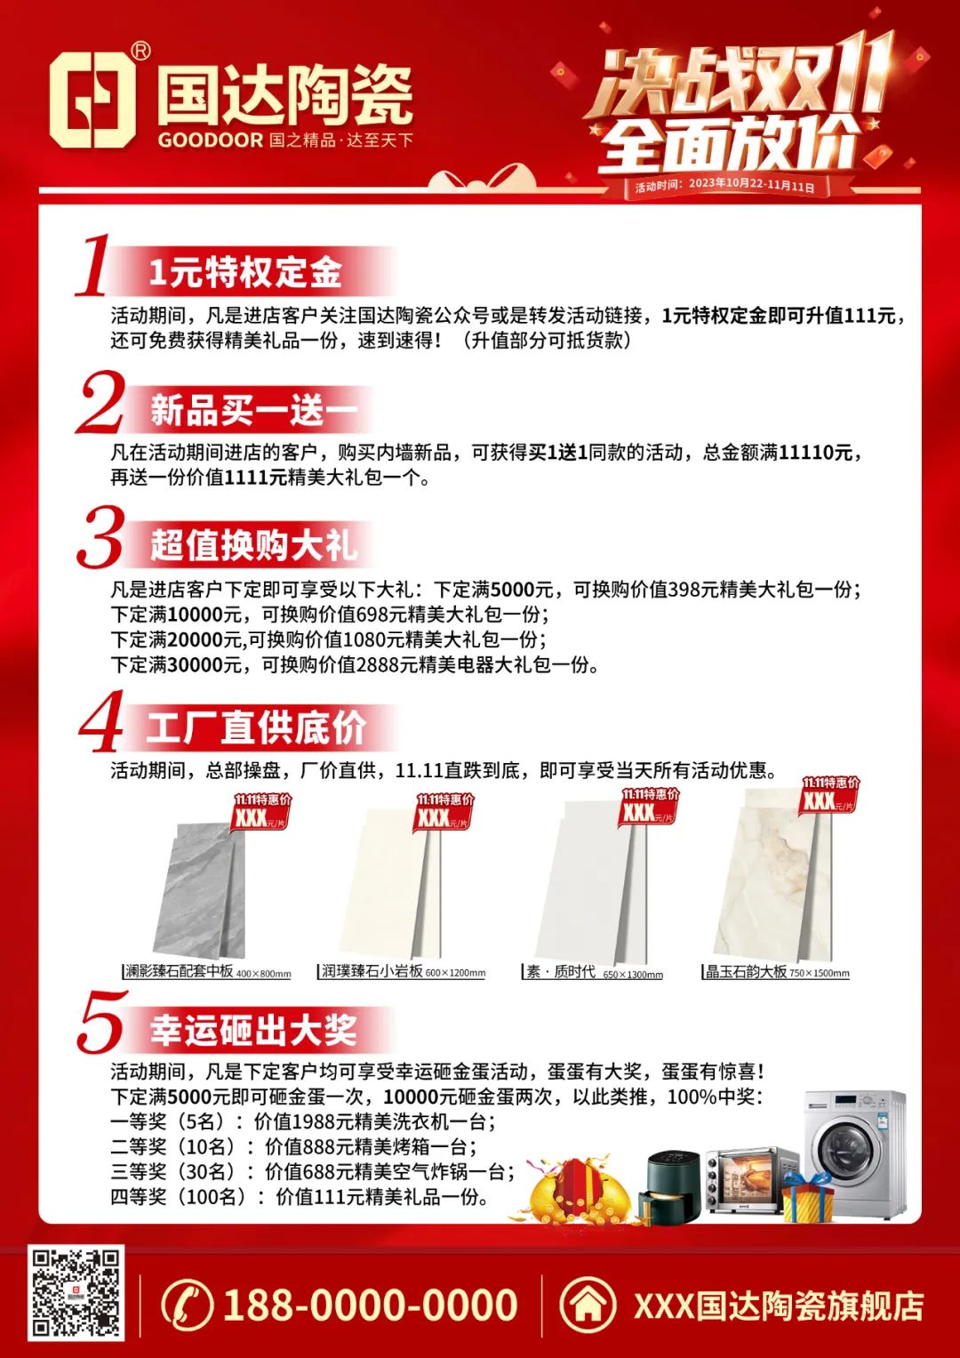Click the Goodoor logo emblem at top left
[x=92, y=100]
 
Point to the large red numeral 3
[x=100, y=538]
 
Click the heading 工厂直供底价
[x=256, y=728]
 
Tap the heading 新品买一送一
[x=254, y=410]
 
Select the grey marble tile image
[x=200, y=891]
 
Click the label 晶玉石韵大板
[x=746, y=971]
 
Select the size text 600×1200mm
[x=455, y=973]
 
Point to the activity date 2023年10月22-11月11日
[x=751, y=184]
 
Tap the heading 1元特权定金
[x=245, y=272]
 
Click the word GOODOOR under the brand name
[x=211, y=140]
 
